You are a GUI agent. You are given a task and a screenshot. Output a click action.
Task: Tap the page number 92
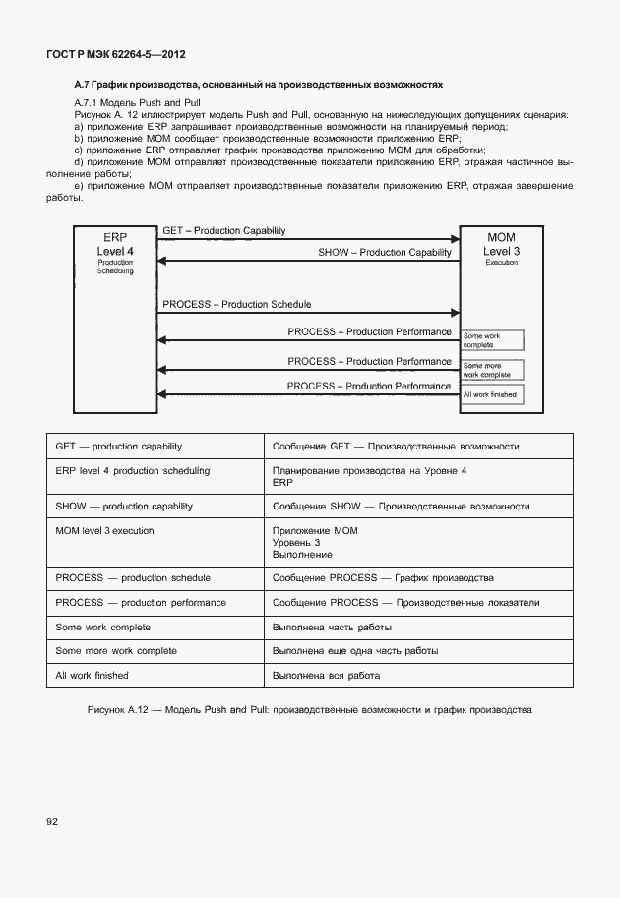coord(51,820)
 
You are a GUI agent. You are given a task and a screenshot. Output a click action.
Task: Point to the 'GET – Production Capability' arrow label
coord(224,231)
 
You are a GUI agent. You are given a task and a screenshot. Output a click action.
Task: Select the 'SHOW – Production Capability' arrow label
coord(384,253)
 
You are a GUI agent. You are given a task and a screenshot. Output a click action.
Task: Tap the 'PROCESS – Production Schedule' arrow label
coord(236,305)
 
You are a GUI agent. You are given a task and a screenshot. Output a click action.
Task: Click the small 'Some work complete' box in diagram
coord(492,340)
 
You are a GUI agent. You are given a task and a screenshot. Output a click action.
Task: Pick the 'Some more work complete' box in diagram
coord(492,370)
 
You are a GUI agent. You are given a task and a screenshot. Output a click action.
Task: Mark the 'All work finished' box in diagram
coord(492,395)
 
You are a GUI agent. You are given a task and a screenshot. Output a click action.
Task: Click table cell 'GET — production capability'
coord(155,447)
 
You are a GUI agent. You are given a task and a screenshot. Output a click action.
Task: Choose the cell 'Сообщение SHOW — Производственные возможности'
coord(418,507)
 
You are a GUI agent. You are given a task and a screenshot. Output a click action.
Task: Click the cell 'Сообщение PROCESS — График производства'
coord(418,578)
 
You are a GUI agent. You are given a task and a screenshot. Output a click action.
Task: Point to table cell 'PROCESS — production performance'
coord(155,603)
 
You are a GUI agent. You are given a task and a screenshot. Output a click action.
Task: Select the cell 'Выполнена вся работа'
coord(418,676)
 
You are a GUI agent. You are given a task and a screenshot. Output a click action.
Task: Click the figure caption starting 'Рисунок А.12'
coord(309,709)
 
